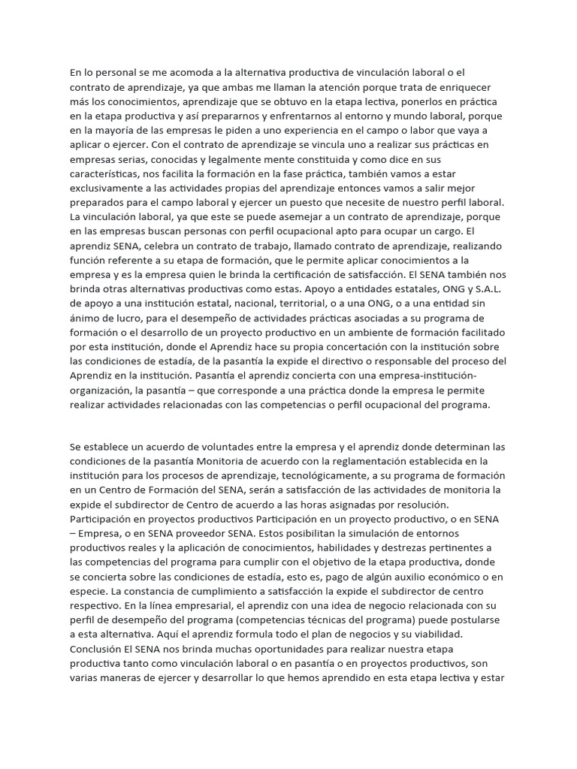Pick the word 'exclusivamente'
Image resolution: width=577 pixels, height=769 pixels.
(x=109, y=188)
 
